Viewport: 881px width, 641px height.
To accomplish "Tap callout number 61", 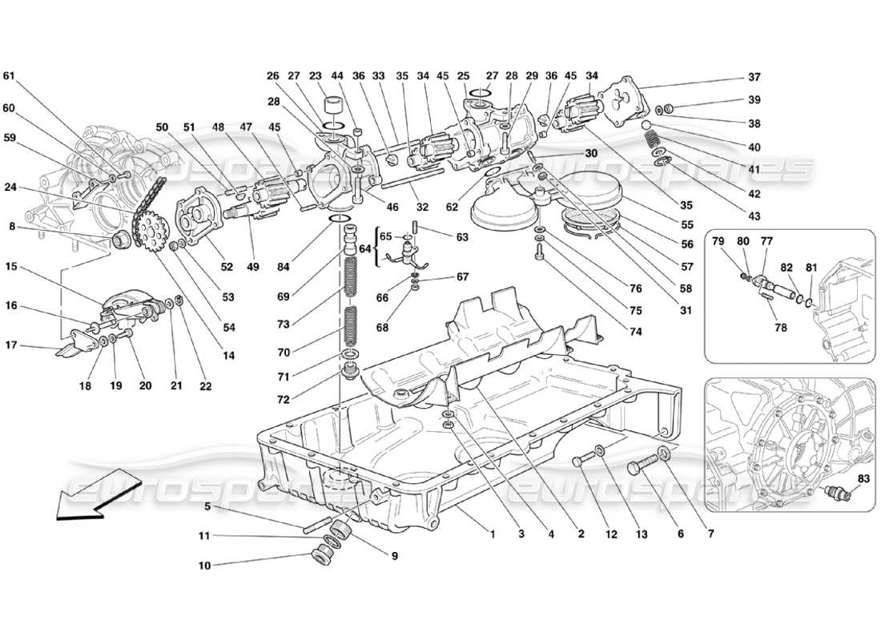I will point(9,76).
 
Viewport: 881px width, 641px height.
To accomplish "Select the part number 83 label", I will point(862,478).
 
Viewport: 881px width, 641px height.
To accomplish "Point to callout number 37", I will point(754,78).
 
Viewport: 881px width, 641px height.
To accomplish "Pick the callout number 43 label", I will point(754,216).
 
